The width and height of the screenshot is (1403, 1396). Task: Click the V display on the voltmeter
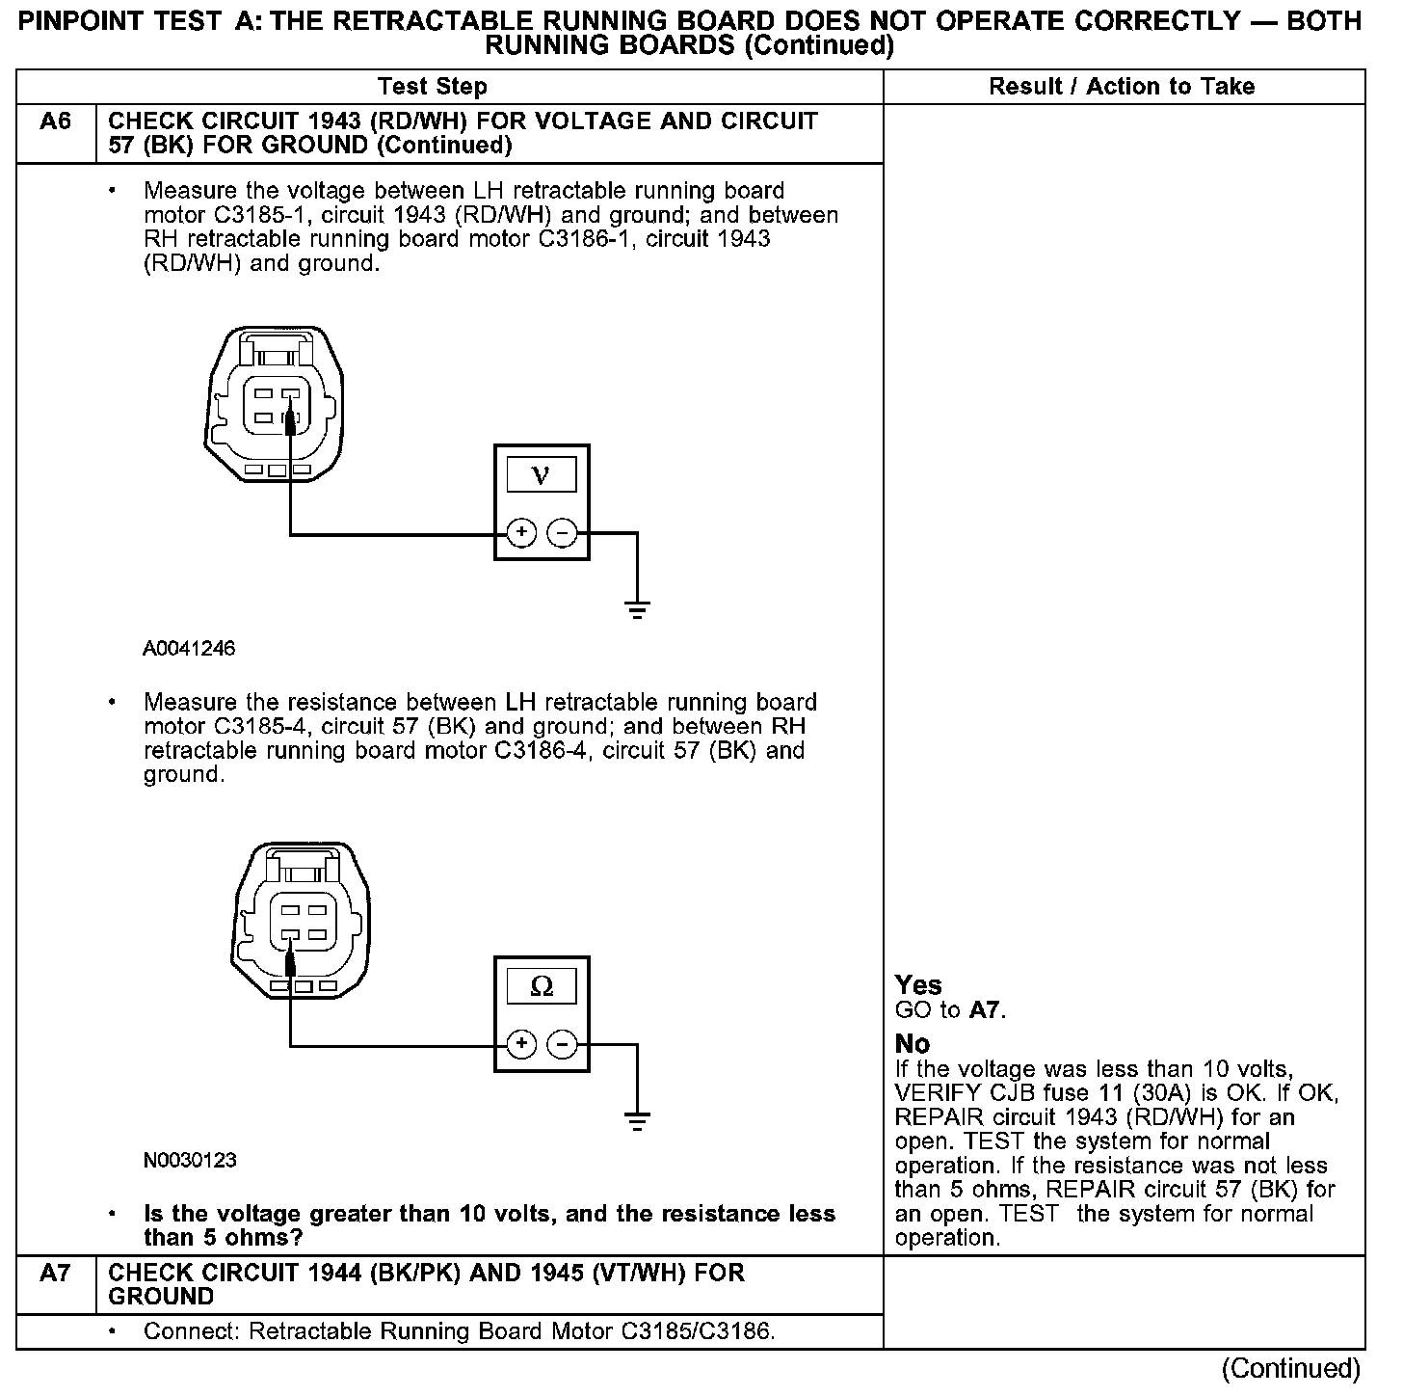tap(541, 475)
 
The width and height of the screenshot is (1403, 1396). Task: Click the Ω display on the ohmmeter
tap(542, 987)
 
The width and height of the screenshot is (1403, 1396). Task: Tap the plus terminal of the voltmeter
tap(521, 533)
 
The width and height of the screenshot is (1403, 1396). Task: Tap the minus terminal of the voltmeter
tap(562, 533)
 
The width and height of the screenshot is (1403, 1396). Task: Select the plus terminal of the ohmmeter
tap(521, 1044)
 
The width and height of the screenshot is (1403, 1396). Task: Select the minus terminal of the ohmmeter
tap(562, 1044)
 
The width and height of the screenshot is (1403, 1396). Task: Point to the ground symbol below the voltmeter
tap(637, 608)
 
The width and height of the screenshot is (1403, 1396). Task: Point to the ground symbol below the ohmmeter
tap(637, 1120)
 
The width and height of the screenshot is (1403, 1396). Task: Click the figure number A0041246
tap(189, 649)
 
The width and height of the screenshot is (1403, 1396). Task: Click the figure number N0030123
tap(190, 1161)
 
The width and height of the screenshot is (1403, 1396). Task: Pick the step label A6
tap(56, 122)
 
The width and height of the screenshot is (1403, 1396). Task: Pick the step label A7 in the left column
tap(56, 1274)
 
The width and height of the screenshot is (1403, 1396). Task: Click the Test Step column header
tap(433, 87)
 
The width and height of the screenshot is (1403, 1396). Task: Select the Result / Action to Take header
tap(1122, 87)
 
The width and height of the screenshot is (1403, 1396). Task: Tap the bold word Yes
tap(918, 985)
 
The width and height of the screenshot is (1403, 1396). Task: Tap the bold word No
tap(913, 1044)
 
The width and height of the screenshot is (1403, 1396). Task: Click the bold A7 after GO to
tap(985, 1010)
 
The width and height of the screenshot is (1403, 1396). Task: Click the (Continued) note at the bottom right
tap(1290, 1369)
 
